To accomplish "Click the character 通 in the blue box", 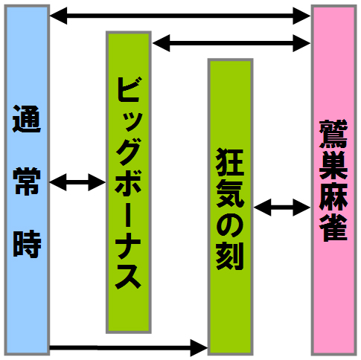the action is pyautogui.click(x=27, y=118).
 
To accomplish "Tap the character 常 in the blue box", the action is pyautogui.click(x=27, y=181).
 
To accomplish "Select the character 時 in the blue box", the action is pyautogui.click(x=27, y=244).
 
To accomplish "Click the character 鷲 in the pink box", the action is pyautogui.click(x=333, y=134).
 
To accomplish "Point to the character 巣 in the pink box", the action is pyautogui.click(x=333, y=165).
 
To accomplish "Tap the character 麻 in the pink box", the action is pyautogui.click(x=333, y=196).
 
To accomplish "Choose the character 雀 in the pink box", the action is pyautogui.click(x=333, y=228).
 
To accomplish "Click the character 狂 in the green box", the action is pyautogui.click(x=230, y=162).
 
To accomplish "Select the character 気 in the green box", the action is pyautogui.click(x=230, y=193).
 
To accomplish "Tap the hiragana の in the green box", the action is pyautogui.click(x=230, y=225).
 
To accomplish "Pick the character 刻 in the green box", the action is pyautogui.click(x=230, y=256).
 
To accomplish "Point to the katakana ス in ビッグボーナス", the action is pyautogui.click(x=128, y=275).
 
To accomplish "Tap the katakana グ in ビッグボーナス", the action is pyautogui.click(x=128, y=150).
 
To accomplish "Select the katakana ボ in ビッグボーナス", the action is pyautogui.click(x=128, y=181).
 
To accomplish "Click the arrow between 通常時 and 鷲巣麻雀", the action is pyautogui.click(x=180, y=16).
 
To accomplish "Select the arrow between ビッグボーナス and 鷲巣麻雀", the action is pyautogui.click(x=231, y=43).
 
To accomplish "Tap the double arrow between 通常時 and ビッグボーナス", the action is pyautogui.click(x=77, y=182).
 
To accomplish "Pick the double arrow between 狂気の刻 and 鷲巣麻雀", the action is pyautogui.click(x=282, y=208).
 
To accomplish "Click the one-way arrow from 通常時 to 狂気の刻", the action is pyautogui.click(x=129, y=348).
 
